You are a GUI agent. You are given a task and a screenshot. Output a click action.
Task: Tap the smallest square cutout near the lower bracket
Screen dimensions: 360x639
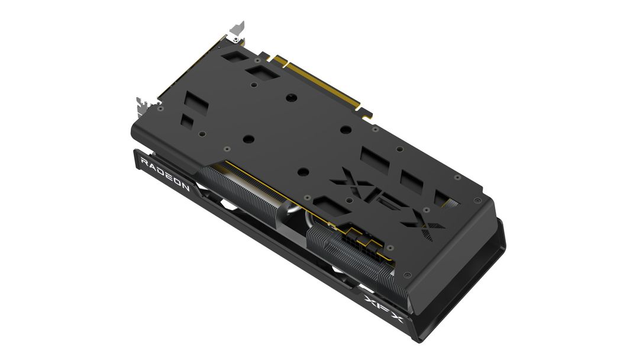tap(187, 120)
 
